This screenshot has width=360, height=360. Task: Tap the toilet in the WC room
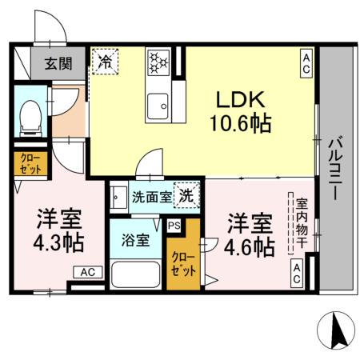30,117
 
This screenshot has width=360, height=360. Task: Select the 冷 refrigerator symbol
105,59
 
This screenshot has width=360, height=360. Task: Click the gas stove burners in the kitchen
158,60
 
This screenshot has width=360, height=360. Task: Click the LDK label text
239,98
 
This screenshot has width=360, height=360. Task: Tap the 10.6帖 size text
239,123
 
